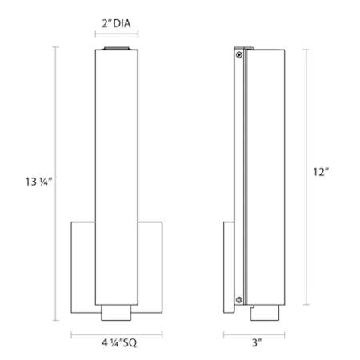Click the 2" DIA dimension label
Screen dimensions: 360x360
coord(116,23)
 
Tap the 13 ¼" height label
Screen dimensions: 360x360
coord(38,182)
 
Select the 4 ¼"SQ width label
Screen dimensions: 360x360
coord(119,342)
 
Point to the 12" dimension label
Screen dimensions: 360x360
coord(321,172)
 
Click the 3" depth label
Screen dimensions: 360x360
coord(257,342)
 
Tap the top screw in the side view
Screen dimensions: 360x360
coord(239,55)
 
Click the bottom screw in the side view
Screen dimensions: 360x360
coord(239,300)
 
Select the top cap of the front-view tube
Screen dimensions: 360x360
coord(117,48)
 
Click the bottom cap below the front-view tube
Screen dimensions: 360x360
coord(116,313)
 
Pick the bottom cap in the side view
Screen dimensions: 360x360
coord(265,313)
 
